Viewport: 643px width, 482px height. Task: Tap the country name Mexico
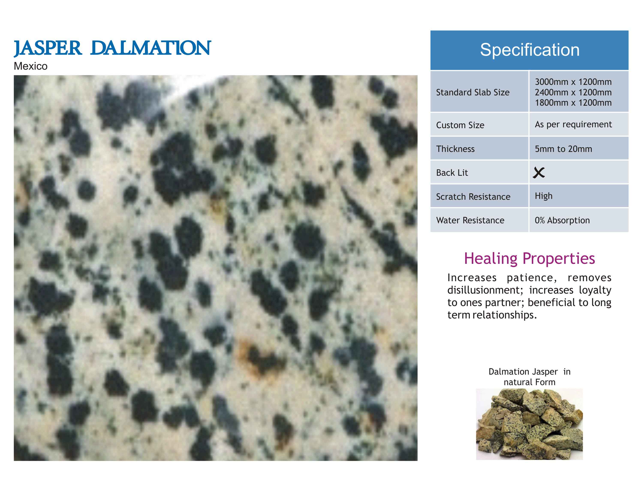[30, 66]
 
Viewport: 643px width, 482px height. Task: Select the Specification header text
[530, 50]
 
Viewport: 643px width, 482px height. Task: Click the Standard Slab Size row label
[473, 92]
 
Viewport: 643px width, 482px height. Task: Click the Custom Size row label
[460, 125]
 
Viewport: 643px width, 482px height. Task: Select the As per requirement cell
[573, 124]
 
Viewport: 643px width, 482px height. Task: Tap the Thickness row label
[455, 149]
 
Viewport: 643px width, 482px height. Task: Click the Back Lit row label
[452, 173]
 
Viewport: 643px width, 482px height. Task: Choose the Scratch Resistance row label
[473, 197]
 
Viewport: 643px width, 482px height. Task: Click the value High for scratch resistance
[544, 196]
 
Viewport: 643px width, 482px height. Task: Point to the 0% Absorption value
[562, 220]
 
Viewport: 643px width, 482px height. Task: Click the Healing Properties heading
[529, 258]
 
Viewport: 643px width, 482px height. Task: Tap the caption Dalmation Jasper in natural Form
[529, 377]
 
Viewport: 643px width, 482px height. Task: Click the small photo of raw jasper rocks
[529, 424]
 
